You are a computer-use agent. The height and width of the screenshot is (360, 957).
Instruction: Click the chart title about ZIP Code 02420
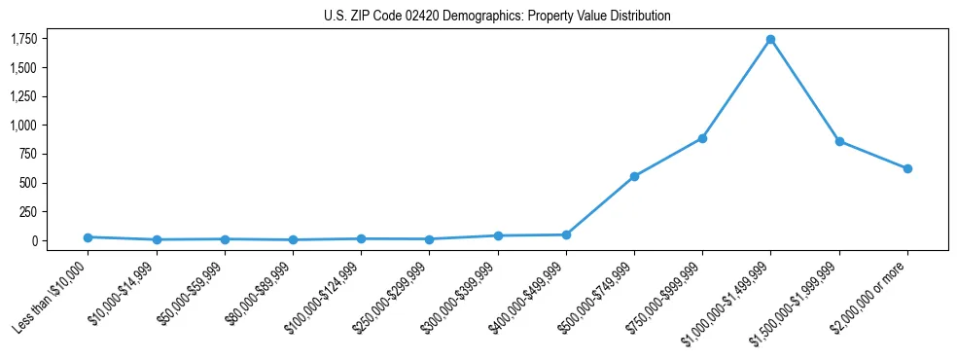click(497, 17)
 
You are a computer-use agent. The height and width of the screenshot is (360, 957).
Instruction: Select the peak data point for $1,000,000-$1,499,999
click(770, 40)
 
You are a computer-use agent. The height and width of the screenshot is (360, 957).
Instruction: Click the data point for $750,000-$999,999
click(702, 138)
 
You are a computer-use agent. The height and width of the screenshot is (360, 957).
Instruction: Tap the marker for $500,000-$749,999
click(634, 176)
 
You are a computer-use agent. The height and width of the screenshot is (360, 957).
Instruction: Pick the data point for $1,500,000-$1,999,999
click(838, 141)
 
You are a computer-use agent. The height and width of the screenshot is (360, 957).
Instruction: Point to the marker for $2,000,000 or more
click(907, 168)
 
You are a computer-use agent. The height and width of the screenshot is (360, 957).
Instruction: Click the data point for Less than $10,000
click(88, 237)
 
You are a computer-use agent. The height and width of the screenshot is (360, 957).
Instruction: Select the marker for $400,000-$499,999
click(566, 234)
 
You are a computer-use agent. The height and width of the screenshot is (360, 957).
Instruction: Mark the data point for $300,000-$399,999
click(498, 235)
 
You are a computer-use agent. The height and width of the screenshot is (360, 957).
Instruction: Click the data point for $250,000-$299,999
click(429, 239)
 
